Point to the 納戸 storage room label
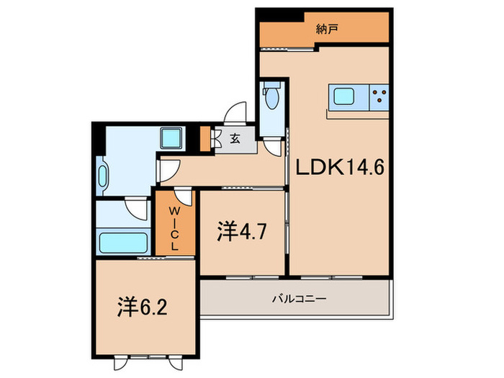(x=326, y=30)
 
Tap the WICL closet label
(x=174, y=228)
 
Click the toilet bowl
(x=271, y=102)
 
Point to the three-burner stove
(x=379, y=96)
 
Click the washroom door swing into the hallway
(x=168, y=169)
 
